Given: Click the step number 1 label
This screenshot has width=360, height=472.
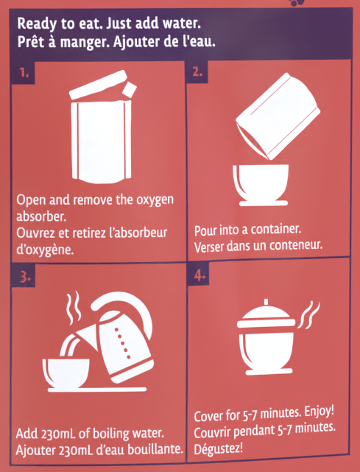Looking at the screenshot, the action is tap(23, 73).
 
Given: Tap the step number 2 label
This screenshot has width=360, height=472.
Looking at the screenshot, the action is tap(197, 72).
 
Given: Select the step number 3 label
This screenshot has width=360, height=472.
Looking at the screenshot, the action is tap(24, 278).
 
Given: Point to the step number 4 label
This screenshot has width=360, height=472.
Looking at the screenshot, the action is tap(200, 275).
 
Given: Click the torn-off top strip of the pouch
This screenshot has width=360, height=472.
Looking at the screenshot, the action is tap(98, 85).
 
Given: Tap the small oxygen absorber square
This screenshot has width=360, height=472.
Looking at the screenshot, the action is tap(129, 89).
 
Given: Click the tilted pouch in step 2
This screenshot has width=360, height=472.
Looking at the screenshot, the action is tap(278, 116).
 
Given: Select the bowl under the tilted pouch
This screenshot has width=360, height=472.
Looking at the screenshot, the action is tap(261, 185).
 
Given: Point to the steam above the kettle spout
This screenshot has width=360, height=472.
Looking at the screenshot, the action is tap(74, 307).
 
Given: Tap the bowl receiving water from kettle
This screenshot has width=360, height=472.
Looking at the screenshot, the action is tap(66, 373).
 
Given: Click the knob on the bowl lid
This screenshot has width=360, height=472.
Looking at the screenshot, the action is tap(266, 302).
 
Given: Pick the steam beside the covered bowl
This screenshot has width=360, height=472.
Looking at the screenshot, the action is tap(308, 314).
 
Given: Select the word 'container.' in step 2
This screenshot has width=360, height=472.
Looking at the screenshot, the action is tap(276, 230).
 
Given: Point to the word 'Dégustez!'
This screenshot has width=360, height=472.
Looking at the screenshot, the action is tap(218, 449).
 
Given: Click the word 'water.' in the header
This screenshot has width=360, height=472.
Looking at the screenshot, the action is tap(184, 24).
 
